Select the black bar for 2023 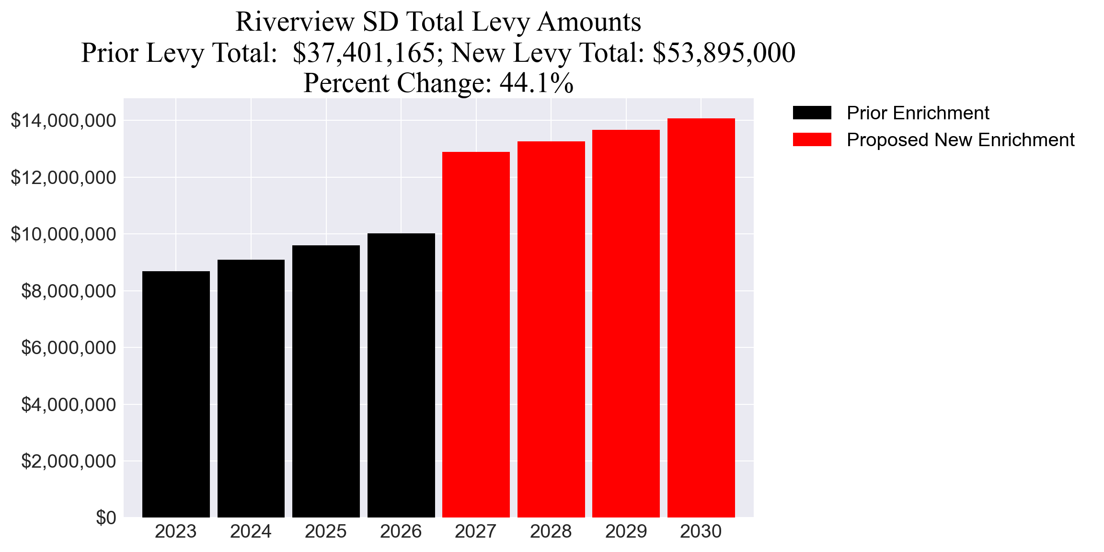click(x=176, y=394)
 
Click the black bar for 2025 click(x=326, y=381)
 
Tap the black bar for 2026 click(x=401, y=375)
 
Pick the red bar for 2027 click(x=476, y=334)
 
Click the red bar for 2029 click(x=626, y=323)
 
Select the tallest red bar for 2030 click(x=701, y=318)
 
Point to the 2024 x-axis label click(x=251, y=531)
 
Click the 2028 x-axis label click(x=551, y=531)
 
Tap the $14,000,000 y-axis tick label click(x=63, y=121)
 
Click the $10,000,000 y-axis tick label click(x=63, y=234)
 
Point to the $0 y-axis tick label click(x=106, y=518)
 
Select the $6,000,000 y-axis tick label click(x=69, y=348)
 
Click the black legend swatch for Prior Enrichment click(x=812, y=113)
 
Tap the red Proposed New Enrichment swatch click(x=812, y=140)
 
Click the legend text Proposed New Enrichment click(x=960, y=140)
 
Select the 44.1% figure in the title click(x=536, y=83)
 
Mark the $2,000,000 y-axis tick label click(x=69, y=461)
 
